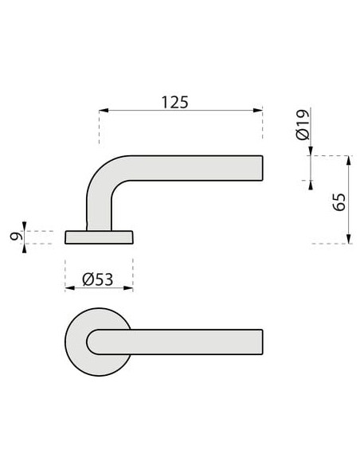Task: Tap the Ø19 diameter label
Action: pos(303,127)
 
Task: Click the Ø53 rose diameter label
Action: pos(98,279)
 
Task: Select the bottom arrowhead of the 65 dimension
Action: pos(349,240)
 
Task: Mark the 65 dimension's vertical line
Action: pos(349,199)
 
